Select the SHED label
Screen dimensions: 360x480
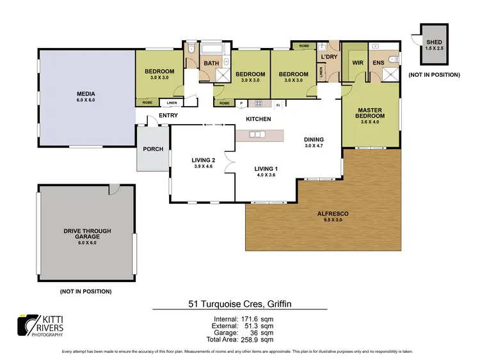coord(433,42)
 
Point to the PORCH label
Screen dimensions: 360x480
coord(153,149)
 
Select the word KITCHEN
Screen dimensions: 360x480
coord(259,119)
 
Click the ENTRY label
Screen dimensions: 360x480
coord(168,115)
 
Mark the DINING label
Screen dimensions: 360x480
coord(314,139)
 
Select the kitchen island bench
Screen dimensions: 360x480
coord(259,135)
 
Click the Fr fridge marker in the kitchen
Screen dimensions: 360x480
coord(278,104)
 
